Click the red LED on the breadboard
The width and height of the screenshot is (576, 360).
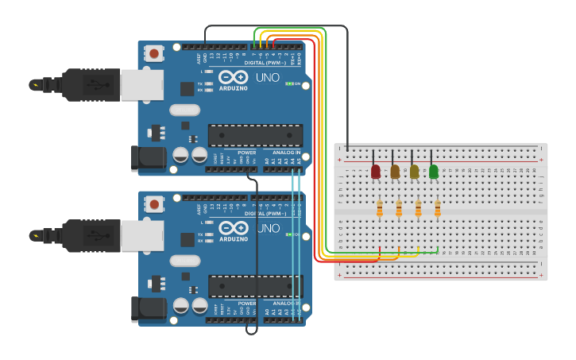376,171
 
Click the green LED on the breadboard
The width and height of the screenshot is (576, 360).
434,171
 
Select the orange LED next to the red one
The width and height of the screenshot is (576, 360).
395,171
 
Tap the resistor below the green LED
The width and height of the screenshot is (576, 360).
438,208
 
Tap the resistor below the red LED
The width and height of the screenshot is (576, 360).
380,208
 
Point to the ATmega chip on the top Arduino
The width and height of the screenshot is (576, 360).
255,135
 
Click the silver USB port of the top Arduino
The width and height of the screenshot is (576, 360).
141,84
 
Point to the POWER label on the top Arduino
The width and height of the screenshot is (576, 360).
246,153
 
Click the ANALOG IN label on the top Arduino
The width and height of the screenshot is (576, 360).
287,153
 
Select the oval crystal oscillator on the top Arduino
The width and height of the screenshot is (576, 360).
184,110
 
